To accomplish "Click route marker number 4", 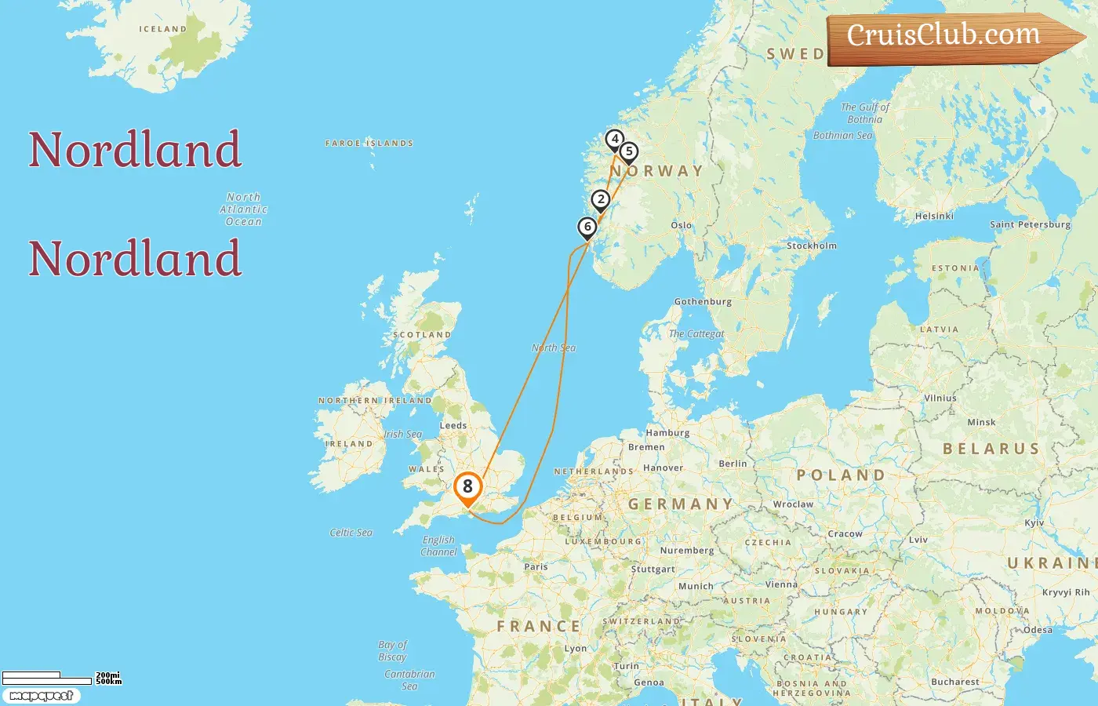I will coord(615,140).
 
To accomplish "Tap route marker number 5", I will coord(628,152).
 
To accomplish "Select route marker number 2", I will coord(601,200).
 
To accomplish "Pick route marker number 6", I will coord(587,227).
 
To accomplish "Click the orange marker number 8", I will coord(467,487).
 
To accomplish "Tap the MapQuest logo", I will coord(41,696).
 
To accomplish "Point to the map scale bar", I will coord(47,679).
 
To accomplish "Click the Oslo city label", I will coord(682,225).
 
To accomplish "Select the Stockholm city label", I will coord(811,246).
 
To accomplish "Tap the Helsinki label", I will coord(934,216).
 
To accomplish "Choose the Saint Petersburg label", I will coord(1030,224).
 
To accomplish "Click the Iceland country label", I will coord(163,29).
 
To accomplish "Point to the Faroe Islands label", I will coord(369,144).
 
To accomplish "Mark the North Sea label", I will coord(554,348).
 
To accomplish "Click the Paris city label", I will coord(536,566).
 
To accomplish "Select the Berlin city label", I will coord(733,464).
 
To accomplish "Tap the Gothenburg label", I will coord(703,301).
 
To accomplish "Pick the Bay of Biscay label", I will coord(392,651).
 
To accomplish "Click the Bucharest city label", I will coord(954,682).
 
